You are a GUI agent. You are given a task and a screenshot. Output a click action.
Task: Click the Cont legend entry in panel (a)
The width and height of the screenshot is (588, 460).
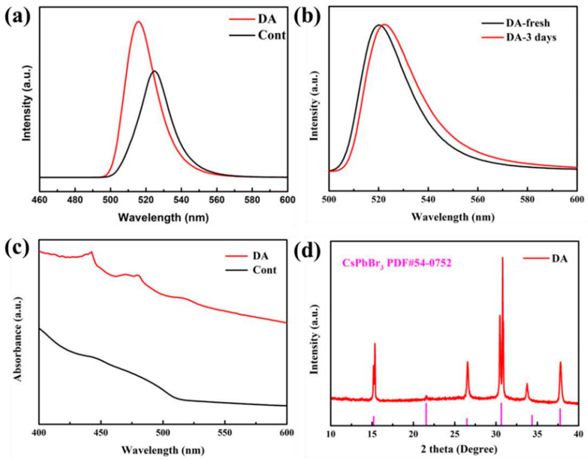(271, 35)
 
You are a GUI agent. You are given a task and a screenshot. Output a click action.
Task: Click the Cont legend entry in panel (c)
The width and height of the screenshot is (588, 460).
(264, 270)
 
